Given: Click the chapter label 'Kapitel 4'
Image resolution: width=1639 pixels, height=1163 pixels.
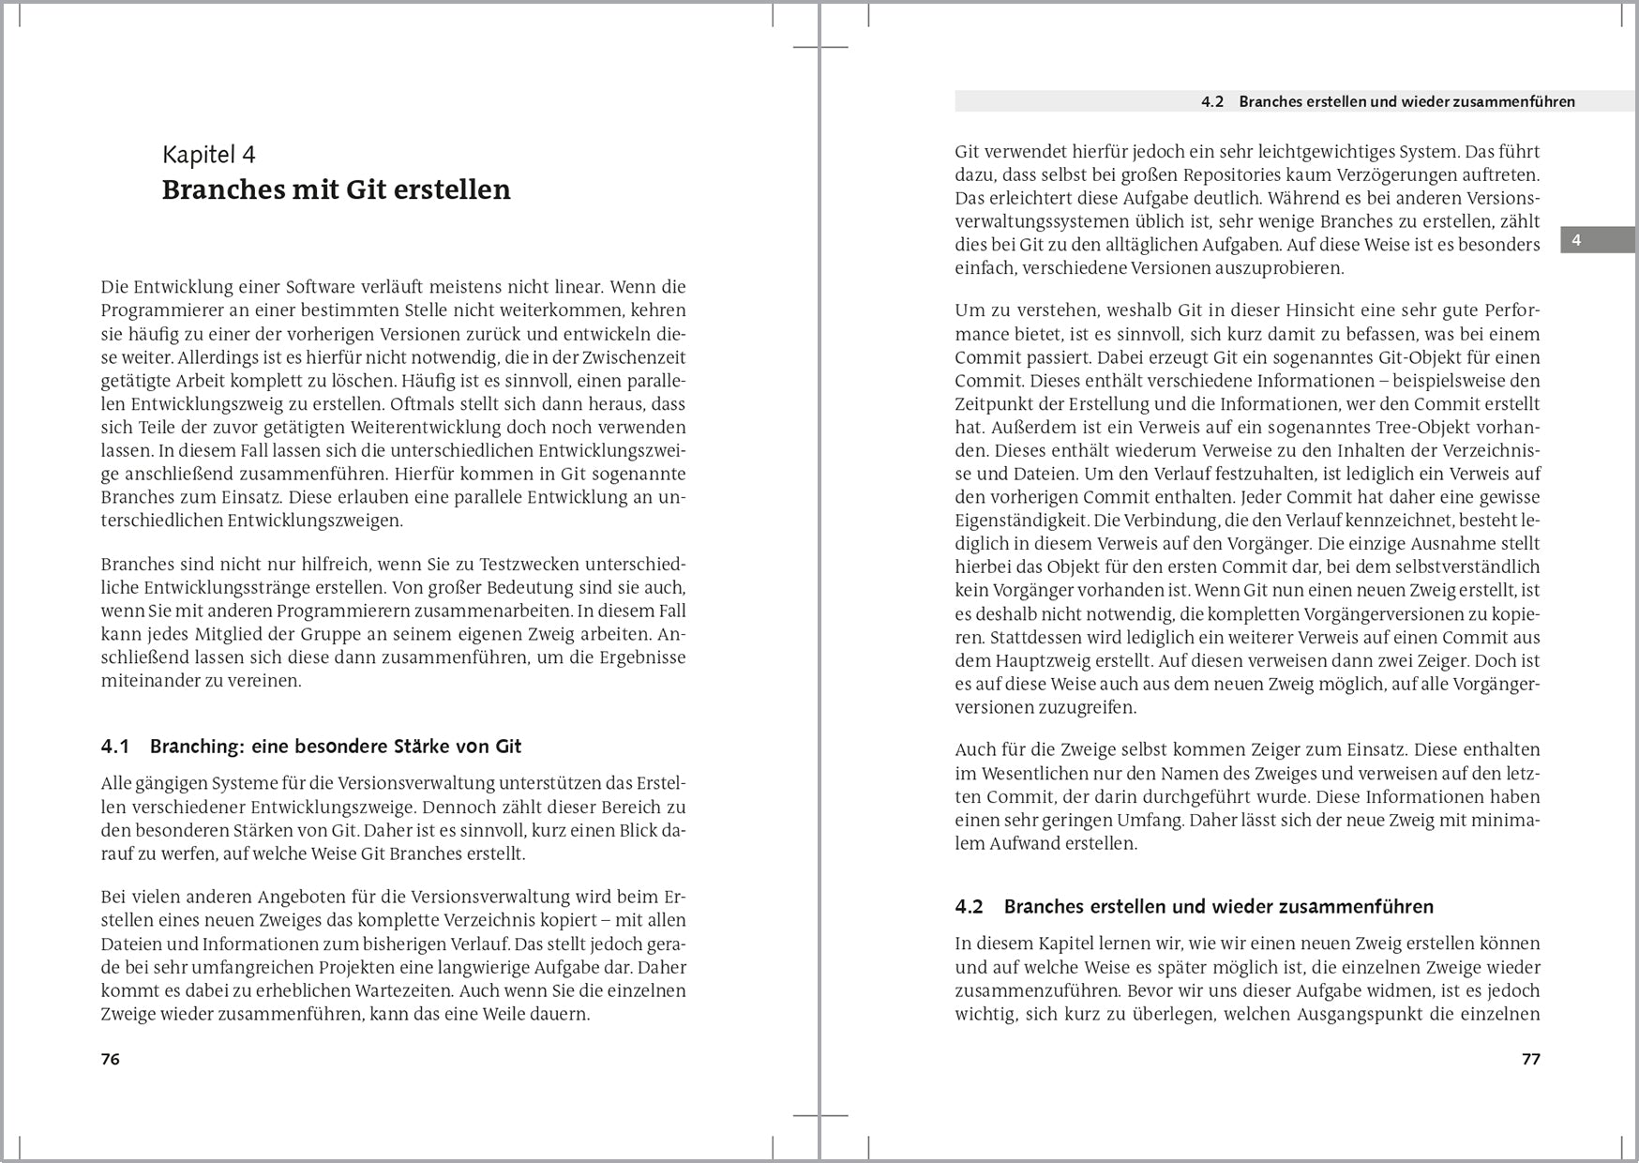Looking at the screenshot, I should (208, 155).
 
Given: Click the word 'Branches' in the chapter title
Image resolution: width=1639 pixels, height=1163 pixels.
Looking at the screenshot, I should (224, 189).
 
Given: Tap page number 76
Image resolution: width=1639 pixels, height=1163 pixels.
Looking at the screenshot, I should (110, 1059).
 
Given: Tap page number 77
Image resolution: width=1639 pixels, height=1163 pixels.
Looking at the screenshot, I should (1530, 1059).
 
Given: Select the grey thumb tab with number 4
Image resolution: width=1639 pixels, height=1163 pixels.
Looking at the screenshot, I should (1597, 240).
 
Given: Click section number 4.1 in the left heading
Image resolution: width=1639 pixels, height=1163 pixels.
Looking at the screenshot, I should (114, 747).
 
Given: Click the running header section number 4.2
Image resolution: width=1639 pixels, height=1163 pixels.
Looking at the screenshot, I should (1212, 101).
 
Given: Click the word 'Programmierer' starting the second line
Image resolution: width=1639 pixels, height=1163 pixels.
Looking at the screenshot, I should (158, 310).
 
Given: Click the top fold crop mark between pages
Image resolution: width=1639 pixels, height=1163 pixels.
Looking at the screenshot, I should (819, 47).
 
